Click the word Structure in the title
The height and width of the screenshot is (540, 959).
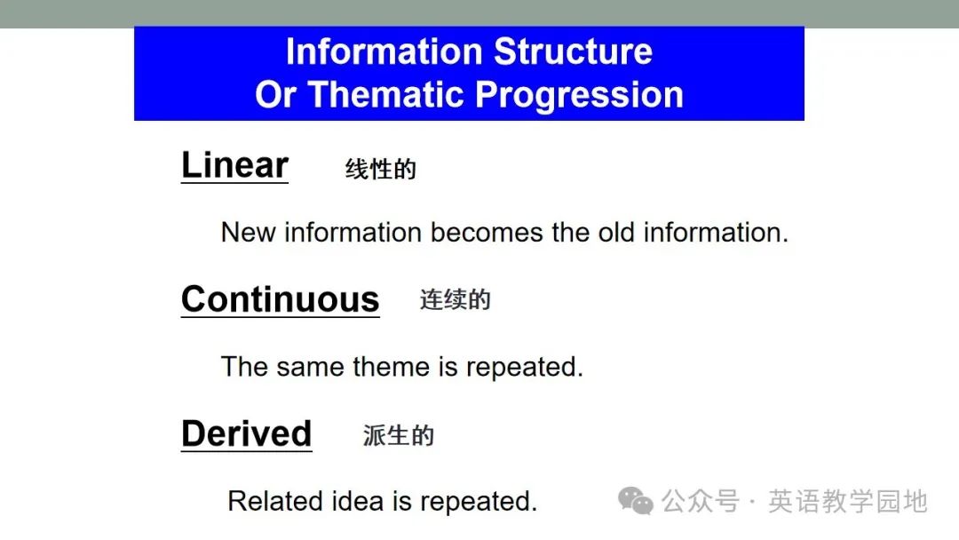tap(573, 52)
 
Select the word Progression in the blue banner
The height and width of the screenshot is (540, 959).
tap(579, 96)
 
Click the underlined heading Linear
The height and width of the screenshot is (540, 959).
tap(234, 165)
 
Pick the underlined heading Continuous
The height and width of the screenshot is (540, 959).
tap(280, 299)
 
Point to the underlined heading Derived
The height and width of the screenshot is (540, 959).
tap(247, 433)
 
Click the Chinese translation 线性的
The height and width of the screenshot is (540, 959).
tap(380, 170)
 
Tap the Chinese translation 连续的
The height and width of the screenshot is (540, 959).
tap(455, 299)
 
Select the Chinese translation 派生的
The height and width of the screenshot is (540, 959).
tap(398, 436)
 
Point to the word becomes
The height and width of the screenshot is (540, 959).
tap(487, 233)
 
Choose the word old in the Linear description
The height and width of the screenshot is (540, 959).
tap(616, 233)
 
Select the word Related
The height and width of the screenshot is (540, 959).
tap(275, 501)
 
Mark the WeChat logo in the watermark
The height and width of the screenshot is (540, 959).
tap(636, 502)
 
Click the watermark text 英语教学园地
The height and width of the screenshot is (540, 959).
tap(848, 502)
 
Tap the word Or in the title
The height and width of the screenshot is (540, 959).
tap(276, 95)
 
